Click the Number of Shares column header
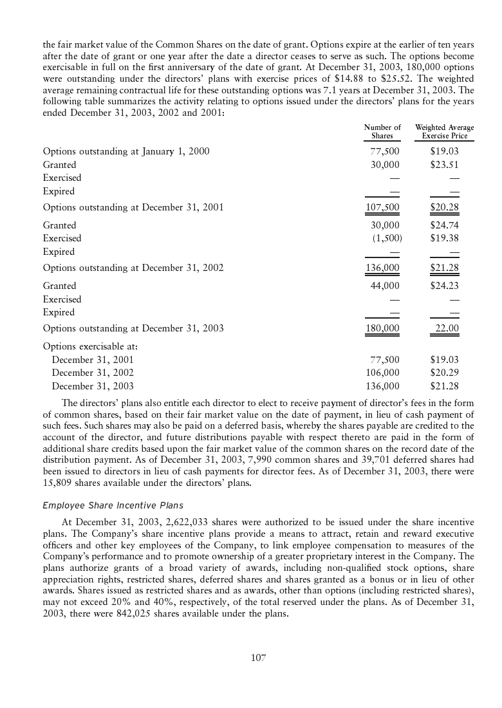382,132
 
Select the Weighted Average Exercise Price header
444,132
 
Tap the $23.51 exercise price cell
444,165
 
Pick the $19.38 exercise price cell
444,238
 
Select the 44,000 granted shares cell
385,286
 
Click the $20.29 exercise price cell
444,373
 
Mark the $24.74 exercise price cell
444,225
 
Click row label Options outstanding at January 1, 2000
126,151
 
